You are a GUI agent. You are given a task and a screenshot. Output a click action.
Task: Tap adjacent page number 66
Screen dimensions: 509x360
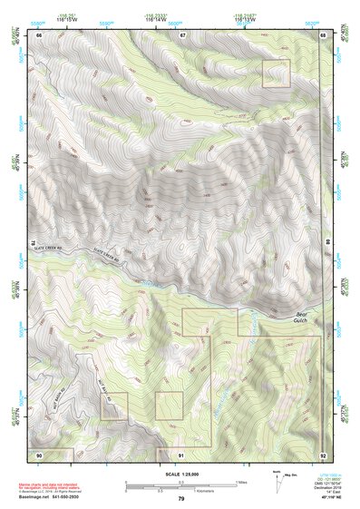[x=40, y=34]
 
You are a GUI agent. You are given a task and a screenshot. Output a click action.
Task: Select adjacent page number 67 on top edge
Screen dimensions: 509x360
[x=182, y=34]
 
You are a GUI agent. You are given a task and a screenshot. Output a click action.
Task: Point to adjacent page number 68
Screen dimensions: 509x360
[x=323, y=34]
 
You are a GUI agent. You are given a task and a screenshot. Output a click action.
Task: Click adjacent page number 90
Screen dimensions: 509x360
[x=40, y=453]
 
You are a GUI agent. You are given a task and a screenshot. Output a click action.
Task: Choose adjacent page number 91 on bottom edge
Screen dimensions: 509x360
[x=181, y=453]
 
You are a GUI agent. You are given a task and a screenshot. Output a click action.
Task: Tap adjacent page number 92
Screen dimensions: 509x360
[x=323, y=453]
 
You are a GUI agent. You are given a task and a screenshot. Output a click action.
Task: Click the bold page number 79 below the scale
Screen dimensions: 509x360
[x=181, y=498]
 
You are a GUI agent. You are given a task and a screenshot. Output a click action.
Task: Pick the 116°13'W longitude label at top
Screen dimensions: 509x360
[x=244, y=15]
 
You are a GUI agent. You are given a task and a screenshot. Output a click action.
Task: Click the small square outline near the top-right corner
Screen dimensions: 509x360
[x=276, y=73]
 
